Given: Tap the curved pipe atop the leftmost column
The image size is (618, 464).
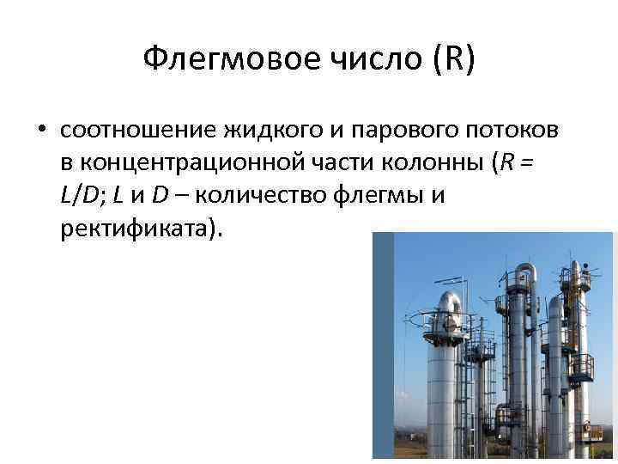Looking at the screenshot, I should (x=448, y=301).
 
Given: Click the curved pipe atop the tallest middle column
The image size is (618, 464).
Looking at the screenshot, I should (x=524, y=272).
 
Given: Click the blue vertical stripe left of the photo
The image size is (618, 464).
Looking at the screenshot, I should (x=383, y=344).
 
